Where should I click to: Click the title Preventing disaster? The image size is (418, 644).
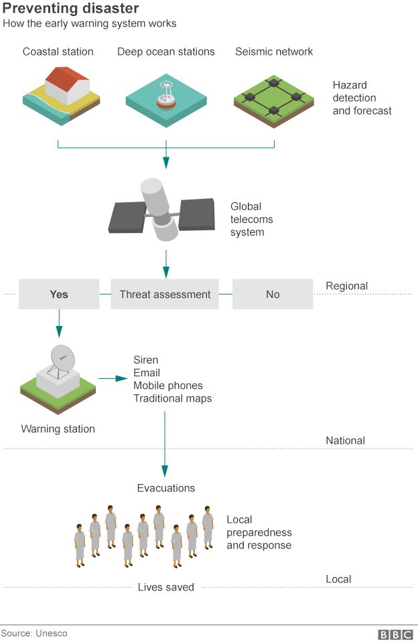[70, 9]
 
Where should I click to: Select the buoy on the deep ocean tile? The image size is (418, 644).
[165, 96]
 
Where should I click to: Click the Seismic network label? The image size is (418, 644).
[274, 52]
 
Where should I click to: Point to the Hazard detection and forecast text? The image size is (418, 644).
[362, 98]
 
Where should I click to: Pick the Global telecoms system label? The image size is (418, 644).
[252, 220]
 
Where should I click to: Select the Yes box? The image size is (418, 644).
[59, 295]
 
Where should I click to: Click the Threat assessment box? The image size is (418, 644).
[165, 295]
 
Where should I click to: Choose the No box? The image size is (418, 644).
[273, 295]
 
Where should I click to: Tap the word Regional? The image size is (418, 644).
[346, 286]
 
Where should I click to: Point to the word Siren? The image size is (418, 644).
[146, 360]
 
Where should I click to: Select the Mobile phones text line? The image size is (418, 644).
[167, 386]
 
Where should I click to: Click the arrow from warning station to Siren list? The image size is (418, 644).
[113, 379]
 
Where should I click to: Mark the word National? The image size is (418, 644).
[345, 440]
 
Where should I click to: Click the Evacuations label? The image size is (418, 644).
[166, 488]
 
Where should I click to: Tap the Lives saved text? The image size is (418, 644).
[166, 587]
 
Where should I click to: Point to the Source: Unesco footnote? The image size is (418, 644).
[34, 633]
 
